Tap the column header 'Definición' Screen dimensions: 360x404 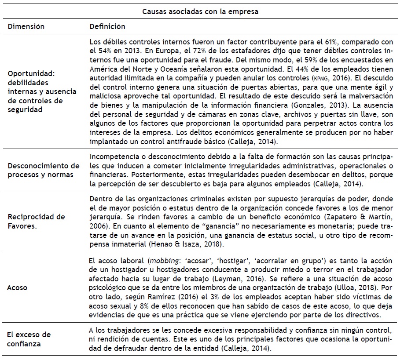[107, 26]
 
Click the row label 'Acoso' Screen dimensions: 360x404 [17, 288]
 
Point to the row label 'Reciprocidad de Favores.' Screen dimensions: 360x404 [37, 221]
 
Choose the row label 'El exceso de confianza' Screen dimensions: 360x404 [29, 339]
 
